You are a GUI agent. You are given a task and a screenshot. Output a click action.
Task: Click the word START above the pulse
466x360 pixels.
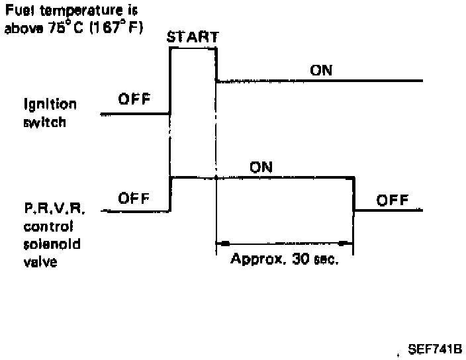point(193,38)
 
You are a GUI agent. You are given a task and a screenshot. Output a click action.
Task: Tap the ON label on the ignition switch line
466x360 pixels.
point(321,70)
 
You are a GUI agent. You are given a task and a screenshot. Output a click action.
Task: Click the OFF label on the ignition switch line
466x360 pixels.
point(134,100)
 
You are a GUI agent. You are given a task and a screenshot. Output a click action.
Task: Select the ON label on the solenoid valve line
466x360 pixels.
point(261,167)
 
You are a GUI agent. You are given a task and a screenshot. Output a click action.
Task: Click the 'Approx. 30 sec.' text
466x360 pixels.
point(285,259)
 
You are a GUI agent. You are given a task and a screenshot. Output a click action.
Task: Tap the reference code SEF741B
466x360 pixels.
point(435,349)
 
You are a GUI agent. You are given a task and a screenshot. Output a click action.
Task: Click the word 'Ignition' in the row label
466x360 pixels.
point(50,105)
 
